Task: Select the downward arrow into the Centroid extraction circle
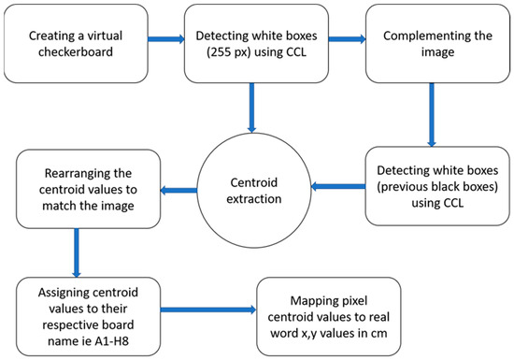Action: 250,108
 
